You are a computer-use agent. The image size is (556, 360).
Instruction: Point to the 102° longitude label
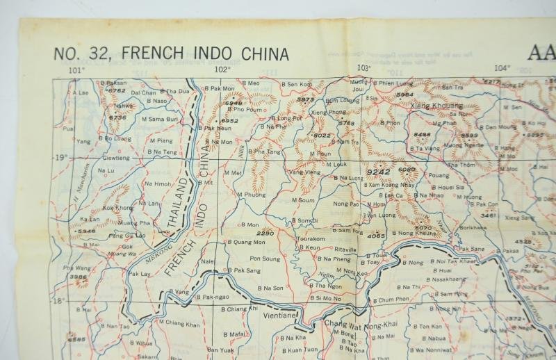pyautogui.click(x=222, y=69)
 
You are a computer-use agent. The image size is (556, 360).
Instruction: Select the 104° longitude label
pyautogui.click(x=502, y=68)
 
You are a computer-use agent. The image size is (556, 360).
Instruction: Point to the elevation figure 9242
pyautogui.click(x=377, y=170)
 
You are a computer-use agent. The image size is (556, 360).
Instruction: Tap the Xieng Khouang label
pyautogui.click(x=436, y=105)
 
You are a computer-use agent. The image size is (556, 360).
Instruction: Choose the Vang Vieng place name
pyautogui.click(x=305, y=172)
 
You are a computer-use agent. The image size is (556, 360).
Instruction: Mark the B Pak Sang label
pyautogui.click(x=245, y=270)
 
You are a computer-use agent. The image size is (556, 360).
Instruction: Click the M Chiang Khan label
pyautogui.click(x=179, y=325)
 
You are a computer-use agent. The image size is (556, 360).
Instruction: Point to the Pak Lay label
pyautogui.click(x=140, y=273)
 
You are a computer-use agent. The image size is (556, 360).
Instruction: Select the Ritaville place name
pyautogui.click(x=345, y=249)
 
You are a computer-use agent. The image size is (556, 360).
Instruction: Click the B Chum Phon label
pyautogui.click(x=393, y=300)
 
